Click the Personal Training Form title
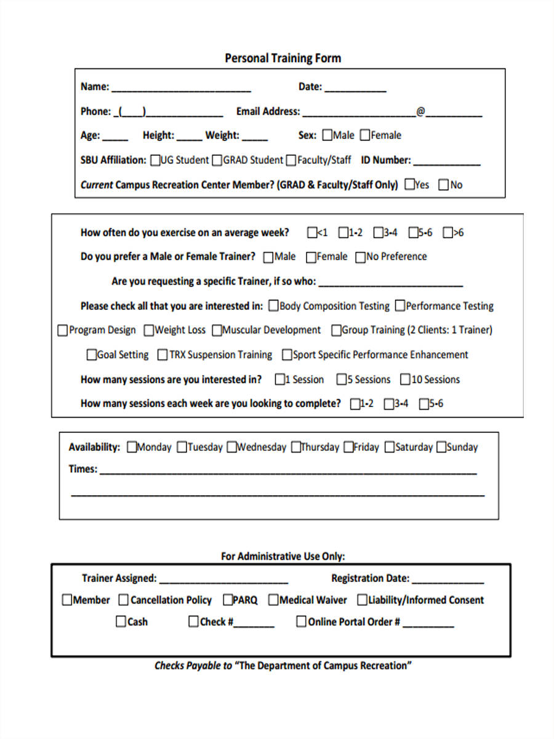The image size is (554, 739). pyautogui.click(x=283, y=59)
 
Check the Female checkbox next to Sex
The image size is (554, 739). pyautogui.click(x=365, y=135)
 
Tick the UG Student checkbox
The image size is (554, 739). pyautogui.click(x=155, y=160)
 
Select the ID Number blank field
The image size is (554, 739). pyautogui.click(x=446, y=161)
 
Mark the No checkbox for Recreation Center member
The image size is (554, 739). pyautogui.click(x=443, y=185)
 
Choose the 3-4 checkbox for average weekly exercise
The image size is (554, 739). pyautogui.click(x=378, y=233)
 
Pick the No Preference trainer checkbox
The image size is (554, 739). pyautogui.click(x=360, y=257)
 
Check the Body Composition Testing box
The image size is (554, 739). pyautogui.click(x=273, y=306)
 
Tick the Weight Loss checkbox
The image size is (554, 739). pyautogui.click(x=149, y=331)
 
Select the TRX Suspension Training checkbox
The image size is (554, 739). pyautogui.click(x=163, y=355)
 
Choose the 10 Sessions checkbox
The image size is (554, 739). pyautogui.click(x=405, y=379)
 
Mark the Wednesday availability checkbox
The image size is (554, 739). pyautogui.click(x=231, y=448)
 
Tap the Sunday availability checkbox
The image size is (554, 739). pyautogui.click(x=441, y=448)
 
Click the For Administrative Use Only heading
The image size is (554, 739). pyautogui.click(x=283, y=556)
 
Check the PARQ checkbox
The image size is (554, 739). pyautogui.click(x=228, y=600)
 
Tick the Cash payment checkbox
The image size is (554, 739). pyautogui.click(x=121, y=622)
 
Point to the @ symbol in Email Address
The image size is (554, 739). pyautogui.click(x=420, y=111)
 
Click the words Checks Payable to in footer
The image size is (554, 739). pyautogui.click(x=193, y=666)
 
